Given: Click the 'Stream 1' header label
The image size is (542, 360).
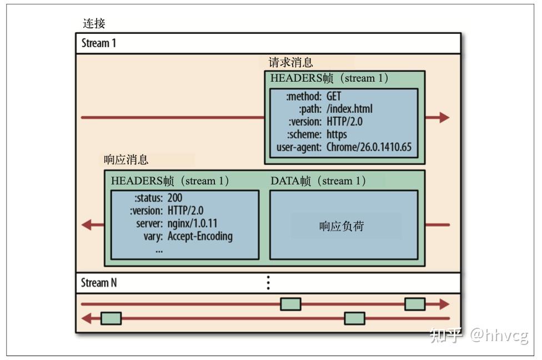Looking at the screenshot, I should pos(99,43).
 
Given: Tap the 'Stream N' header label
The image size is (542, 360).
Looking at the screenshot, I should pos(99,283).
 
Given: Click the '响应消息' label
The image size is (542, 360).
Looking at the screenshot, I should pos(126,160).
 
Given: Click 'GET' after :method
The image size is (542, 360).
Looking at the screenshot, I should pos(334,97).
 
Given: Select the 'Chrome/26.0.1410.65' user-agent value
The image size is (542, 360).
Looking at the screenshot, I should pos(369,147).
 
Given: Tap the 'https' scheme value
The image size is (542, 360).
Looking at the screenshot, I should pos(337,134).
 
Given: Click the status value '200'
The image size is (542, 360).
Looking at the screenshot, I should pos(175,198).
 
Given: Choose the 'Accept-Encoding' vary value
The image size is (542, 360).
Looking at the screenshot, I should pos(200,236).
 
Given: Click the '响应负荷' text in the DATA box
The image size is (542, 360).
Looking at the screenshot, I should pos(342,226).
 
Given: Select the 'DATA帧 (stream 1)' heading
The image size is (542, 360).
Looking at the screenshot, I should pos(318,181).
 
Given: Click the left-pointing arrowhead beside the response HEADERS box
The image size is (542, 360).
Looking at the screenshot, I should pos(86,224).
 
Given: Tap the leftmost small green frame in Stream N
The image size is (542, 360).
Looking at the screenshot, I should pos(111,318).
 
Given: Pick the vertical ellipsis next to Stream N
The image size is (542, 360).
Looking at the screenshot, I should pos(268,283).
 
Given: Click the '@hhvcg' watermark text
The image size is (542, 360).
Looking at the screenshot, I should pos(499,335).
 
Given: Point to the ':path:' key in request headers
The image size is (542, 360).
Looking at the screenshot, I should pos(310,109).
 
